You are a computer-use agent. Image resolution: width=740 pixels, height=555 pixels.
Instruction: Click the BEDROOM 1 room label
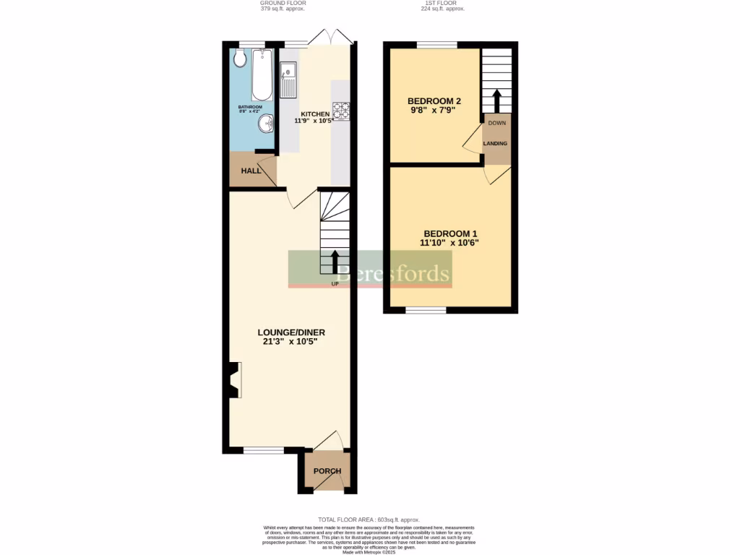tap(450, 233)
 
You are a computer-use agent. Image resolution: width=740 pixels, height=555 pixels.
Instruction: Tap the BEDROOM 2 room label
tap(434, 100)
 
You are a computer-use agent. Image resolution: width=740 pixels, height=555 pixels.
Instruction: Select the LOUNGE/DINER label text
tap(291, 332)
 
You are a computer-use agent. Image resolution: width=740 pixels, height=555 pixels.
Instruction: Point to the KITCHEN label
tap(316, 115)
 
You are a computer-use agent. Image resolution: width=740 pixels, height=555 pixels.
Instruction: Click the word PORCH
tap(327, 471)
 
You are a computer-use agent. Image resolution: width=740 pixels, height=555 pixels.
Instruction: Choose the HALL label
tap(251, 171)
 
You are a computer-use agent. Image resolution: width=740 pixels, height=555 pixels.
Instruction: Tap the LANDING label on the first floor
tap(496, 143)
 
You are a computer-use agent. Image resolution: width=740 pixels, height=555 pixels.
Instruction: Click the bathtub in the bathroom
tap(262, 75)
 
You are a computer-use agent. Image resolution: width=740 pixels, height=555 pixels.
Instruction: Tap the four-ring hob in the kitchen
tap(341, 111)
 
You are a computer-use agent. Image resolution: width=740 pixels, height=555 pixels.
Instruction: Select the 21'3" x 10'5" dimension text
tap(291, 342)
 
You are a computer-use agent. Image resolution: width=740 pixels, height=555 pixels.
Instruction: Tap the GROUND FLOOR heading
tap(282, 4)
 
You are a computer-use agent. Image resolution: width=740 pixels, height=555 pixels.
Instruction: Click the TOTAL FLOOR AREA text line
tap(369, 520)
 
